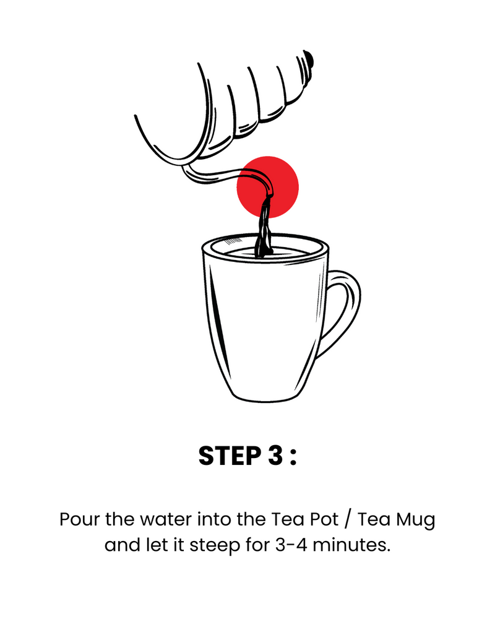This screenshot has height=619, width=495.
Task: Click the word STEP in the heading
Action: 230,456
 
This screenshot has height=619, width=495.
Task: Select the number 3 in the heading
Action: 275,456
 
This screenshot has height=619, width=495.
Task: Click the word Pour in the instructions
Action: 80,519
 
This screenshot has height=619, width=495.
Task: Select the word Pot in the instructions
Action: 324,519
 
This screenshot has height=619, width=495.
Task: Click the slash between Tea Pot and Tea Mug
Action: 347,520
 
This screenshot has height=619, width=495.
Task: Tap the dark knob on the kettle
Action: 309,59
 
